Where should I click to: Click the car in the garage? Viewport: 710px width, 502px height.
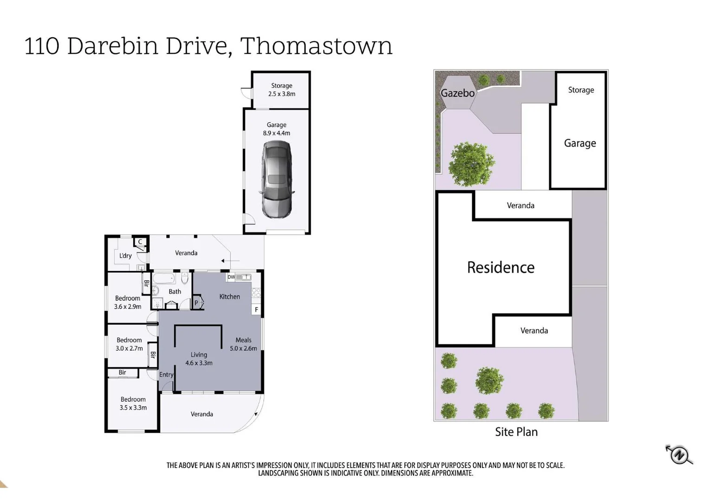tap(277, 179)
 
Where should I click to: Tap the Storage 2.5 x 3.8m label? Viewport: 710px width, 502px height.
tap(281, 90)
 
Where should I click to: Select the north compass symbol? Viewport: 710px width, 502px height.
tap(679, 454)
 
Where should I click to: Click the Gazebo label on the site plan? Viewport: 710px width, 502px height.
tap(457, 93)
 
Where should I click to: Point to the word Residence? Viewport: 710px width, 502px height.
tap(501, 267)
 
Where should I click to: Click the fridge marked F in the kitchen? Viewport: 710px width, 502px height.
tap(256, 310)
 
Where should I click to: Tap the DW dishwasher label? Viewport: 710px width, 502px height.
tap(231, 277)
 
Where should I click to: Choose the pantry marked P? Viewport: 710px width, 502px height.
tap(196, 303)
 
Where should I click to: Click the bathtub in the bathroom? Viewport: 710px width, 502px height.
tap(163, 278)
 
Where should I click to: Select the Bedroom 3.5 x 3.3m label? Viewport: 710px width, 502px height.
tap(133, 403)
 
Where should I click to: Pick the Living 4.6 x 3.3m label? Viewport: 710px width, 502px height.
tap(199, 359)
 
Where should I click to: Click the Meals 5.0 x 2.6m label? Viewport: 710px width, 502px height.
tap(243, 344)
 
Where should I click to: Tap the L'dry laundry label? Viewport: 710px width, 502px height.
tap(125, 256)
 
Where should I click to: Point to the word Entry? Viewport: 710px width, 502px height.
tap(166, 375)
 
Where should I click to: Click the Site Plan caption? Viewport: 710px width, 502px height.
tap(516, 432)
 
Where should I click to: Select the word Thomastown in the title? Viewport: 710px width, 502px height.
tap(316, 46)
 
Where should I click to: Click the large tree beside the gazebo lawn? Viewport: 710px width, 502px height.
tap(471, 164)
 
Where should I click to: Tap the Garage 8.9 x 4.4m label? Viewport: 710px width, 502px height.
tap(276, 129)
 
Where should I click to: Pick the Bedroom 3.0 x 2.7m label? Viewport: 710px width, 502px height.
tap(129, 344)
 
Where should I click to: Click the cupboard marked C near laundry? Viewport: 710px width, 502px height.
tap(140, 242)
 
